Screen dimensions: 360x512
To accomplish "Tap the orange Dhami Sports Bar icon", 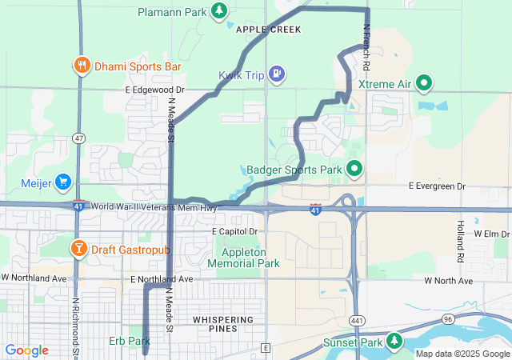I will [81, 66].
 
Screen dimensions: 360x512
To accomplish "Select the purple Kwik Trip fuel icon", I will [276, 74].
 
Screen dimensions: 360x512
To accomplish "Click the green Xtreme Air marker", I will [425, 82].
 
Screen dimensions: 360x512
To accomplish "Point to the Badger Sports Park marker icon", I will [354, 169].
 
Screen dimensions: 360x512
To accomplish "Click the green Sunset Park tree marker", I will [394, 342].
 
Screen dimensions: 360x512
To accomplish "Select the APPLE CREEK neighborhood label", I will [269, 30].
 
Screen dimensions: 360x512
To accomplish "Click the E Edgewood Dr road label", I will [155, 90].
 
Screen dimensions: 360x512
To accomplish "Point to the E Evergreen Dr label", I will [437, 186].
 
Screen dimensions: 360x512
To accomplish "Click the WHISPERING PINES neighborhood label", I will [223, 319].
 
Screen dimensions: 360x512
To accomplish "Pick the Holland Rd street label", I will [461, 242].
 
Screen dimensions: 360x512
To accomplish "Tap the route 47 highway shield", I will [78, 138].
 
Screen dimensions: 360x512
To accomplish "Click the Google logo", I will [26, 350].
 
